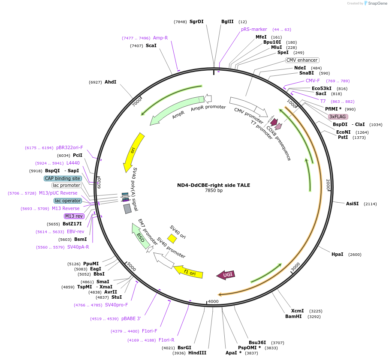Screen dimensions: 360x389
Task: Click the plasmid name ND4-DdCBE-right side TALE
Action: (x=214, y=185)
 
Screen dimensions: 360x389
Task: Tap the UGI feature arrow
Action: (x=226, y=275)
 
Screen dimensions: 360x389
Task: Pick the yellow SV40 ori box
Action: (x=172, y=238)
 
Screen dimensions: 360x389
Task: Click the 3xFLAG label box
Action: (x=338, y=117)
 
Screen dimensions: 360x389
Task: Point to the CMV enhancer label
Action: (x=302, y=60)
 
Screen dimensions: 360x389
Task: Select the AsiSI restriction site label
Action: (x=355, y=204)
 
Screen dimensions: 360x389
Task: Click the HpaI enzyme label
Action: (x=338, y=254)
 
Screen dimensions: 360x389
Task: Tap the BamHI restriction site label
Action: (x=294, y=316)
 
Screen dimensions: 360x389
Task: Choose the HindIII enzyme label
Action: (x=197, y=353)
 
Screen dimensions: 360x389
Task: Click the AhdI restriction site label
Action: (x=110, y=82)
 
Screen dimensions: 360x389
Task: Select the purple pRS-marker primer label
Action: (x=254, y=29)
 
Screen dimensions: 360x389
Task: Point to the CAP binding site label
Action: (x=63, y=178)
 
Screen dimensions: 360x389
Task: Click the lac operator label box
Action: (x=68, y=201)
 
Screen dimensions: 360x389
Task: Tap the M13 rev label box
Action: (x=74, y=216)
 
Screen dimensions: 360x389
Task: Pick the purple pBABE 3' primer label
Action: (x=131, y=318)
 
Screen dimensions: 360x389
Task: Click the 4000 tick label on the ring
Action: (x=213, y=301)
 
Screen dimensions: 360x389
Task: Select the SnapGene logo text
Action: (x=376, y=3)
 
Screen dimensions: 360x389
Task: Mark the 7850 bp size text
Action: (x=214, y=191)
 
